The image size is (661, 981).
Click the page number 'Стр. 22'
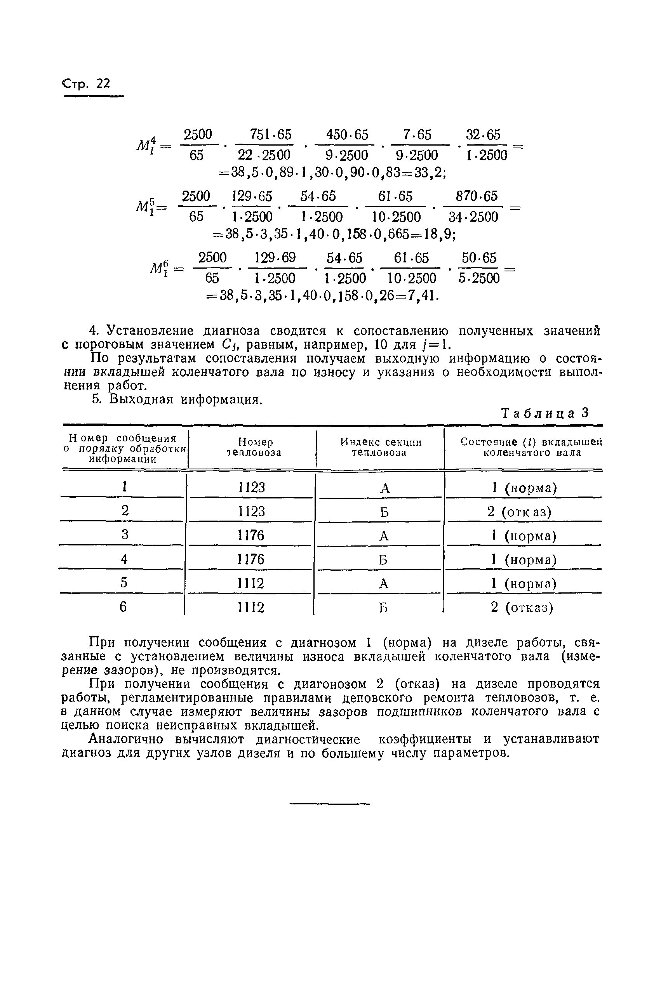coord(87,84)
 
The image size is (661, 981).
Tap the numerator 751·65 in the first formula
coord(271,135)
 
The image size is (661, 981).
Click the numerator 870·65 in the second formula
coord(477,196)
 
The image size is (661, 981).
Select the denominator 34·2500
coord(473,217)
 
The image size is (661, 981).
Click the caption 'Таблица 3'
coord(544,413)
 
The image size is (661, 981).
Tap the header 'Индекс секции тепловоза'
coord(380,447)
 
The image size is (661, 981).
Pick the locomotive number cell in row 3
coord(251,536)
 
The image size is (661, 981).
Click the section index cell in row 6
coord(383,608)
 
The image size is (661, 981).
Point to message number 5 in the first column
coord(124,583)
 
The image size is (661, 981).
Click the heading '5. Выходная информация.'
coord(177,399)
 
